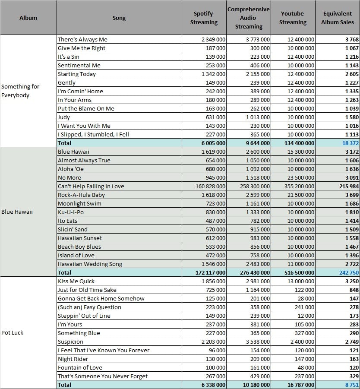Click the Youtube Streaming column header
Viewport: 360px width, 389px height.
click(293, 18)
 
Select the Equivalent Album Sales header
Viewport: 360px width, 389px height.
click(338, 18)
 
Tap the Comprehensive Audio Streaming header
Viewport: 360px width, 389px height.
click(248, 18)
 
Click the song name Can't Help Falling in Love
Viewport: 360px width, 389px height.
click(91, 187)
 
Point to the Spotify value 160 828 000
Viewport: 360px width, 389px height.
click(210, 187)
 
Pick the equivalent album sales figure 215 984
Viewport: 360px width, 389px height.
click(349, 187)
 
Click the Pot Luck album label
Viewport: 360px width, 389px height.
click(12, 333)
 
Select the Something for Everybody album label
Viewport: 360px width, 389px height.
click(20, 91)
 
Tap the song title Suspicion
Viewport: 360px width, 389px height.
click(70, 342)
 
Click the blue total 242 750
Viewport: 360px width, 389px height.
click(349, 273)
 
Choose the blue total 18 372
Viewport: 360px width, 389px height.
click(351, 143)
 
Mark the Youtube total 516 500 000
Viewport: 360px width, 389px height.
click(299, 273)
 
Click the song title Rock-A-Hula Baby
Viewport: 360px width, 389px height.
click(81, 195)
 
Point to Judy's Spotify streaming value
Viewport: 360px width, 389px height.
click(215, 117)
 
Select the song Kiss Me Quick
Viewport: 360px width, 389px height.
click(76, 281)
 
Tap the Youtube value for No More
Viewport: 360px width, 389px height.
click(301, 177)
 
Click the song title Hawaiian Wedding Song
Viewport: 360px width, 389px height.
click(90, 264)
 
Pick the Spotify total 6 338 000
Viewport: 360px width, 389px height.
click(213, 385)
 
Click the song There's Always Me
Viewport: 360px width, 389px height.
click(82, 39)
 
